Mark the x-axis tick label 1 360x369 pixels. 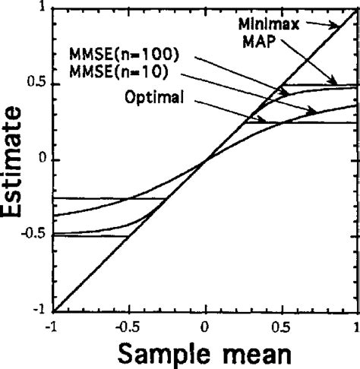(356, 325)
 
